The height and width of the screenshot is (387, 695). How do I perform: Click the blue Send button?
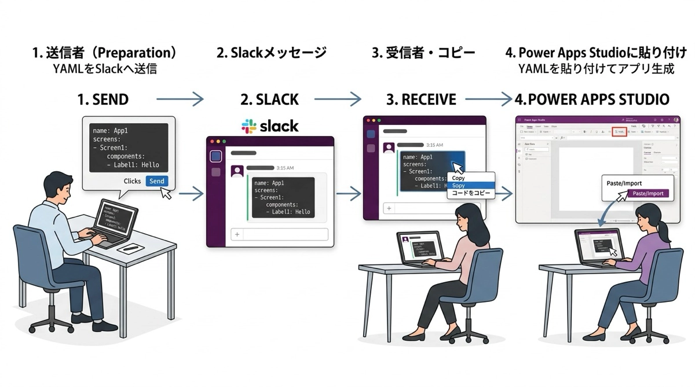pyautogui.click(x=156, y=181)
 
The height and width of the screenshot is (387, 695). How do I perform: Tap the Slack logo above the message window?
pyautogui.click(x=270, y=126)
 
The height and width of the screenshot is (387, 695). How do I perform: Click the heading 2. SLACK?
pyautogui.click(x=270, y=99)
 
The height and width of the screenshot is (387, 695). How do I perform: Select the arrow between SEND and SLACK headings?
pyautogui.click(x=180, y=99)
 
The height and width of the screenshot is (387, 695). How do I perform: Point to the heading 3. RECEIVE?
pyautogui.click(x=421, y=99)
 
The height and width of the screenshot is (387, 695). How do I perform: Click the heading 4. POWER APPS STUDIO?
pyautogui.click(x=592, y=99)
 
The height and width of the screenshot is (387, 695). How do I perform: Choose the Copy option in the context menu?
pyautogui.click(x=459, y=178)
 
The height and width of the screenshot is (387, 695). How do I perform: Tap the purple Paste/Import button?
pyautogui.click(x=648, y=194)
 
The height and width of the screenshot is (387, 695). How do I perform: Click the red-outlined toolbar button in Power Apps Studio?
pyautogui.click(x=619, y=132)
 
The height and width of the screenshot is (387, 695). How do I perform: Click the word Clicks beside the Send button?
pyautogui.click(x=132, y=181)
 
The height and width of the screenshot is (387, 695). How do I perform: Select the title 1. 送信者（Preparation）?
pyautogui.click(x=104, y=53)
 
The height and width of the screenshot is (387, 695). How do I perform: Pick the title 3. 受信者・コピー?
pyautogui.click(x=423, y=53)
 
